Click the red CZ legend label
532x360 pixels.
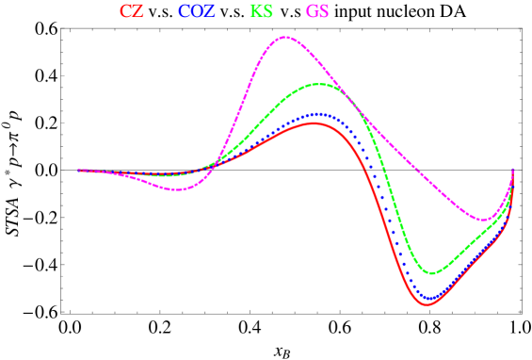[x=132, y=12]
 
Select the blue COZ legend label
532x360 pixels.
[x=197, y=12]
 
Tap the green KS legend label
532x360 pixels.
[x=262, y=12]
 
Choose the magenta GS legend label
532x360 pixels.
[x=317, y=12]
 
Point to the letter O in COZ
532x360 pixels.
[x=197, y=12]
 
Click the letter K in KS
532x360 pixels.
[x=255, y=12]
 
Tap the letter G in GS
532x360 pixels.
[x=311, y=12]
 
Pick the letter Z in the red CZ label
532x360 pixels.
[x=138, y=12]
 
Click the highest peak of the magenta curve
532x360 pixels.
[x=284, y=37]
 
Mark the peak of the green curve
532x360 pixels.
[x=319, y=84]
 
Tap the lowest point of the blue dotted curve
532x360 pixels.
[x=430, y=298]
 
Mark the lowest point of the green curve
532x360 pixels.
[x=433, y=273]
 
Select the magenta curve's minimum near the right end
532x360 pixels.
[x=483, y=221]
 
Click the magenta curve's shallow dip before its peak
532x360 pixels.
[x=177, y=189]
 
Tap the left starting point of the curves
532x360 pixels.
[x=79, y=171]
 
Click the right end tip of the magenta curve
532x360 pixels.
[x=512, y=169]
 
